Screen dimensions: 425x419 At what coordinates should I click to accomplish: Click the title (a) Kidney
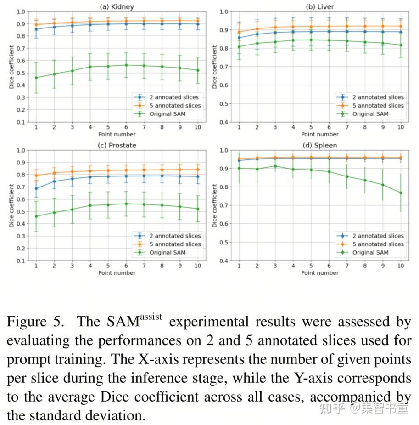tap(117, 6)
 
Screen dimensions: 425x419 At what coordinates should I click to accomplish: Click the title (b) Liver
tap(320, 6)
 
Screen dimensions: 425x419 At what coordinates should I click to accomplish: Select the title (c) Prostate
tap(117, 145)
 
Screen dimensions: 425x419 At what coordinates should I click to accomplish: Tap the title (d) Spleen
tap(320, 145)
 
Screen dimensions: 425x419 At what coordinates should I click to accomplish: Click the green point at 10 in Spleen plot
tap(401, 193)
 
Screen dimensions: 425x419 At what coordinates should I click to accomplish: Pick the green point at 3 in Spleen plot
tap(275, 166)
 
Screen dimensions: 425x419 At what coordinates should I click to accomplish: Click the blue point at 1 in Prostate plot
tap(36, 188)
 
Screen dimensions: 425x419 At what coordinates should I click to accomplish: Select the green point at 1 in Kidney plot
tap(36, 78)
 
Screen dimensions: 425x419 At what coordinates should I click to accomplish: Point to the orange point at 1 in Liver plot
tap(239, 32)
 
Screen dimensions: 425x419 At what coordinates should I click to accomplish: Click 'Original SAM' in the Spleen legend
tap(370, 252)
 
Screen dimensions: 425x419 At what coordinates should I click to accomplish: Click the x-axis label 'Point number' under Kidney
tap(117, 134)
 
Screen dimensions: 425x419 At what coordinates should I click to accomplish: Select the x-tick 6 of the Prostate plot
tap(126, 266)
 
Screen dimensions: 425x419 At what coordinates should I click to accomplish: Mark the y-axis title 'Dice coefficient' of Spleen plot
tap(214, 205)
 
